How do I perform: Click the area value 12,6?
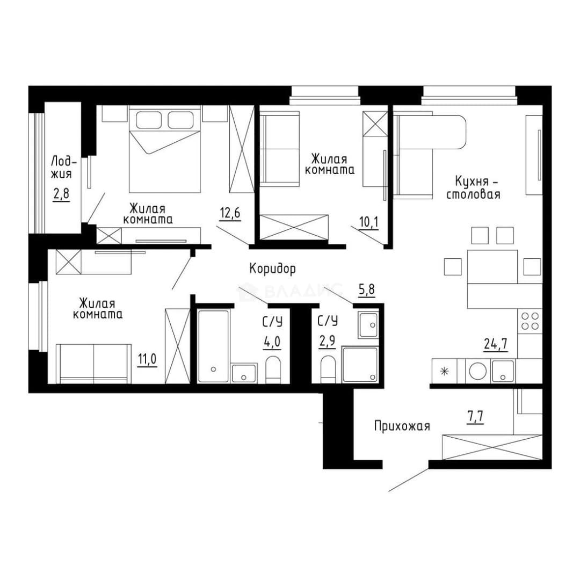[x=230, y=213]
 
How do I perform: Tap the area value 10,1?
[x=369, y=222]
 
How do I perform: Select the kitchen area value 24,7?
[x=496, y=344]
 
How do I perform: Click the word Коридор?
[x=273, y=269]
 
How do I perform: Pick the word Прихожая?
[x=402, y=426]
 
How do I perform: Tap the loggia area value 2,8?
[x=61, y=194]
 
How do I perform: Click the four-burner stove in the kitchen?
[x=530, y=321]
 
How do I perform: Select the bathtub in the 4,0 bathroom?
[x=213, y=346]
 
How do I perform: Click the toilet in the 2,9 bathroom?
[x=328, y=369]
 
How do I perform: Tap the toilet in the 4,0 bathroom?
[x=273, y=369]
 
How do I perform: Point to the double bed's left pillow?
[x=149, y=120]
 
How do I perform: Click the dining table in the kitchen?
[x=492, y=267]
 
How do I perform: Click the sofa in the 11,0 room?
[x=93, y=364]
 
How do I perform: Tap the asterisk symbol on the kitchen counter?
[x=444, y=371]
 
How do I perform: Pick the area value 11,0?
[x=147, y=359]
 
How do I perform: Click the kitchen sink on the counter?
[x=502, y=372]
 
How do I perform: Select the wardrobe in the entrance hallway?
[x=492, y=447]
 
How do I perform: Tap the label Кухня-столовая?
[x=474, y=188]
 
